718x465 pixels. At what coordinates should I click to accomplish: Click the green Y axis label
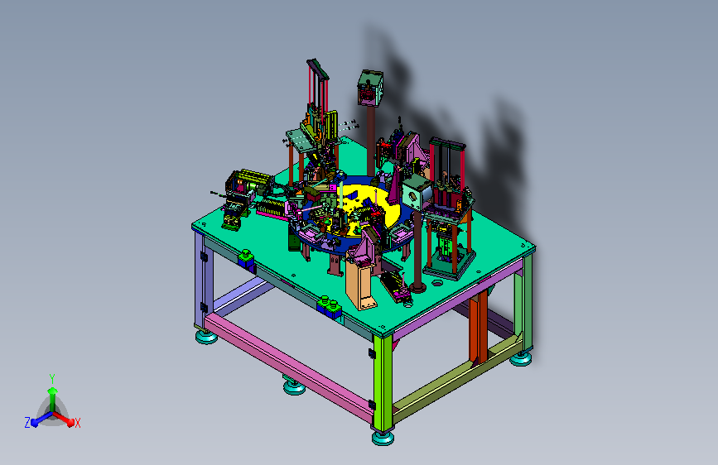tap(52, 378)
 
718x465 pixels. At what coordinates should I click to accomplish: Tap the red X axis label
tap(77, 423)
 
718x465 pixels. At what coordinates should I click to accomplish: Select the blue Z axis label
tap(27, 423)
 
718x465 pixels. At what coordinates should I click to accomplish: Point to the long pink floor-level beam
tap(289, 367)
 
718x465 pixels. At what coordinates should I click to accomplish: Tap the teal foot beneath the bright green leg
tap(383, 438)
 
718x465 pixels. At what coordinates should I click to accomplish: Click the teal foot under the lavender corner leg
tap(206, 338)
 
